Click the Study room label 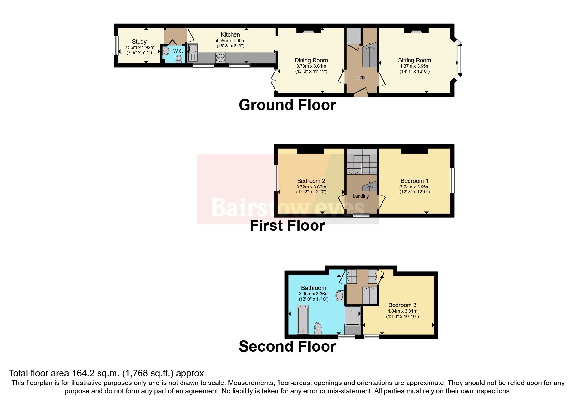pos(139,42)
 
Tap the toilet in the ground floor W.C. pos(179,58)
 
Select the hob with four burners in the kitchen pos(220,58)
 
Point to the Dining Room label pos(311,60)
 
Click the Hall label pos(361,77)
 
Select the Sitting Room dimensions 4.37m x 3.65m pos(414,66)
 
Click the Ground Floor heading pos(287,105)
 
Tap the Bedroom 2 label pos(311,181)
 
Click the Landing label pos(361,196)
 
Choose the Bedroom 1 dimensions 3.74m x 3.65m pos(414,187)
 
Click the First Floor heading pos(287,226)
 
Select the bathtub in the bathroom pos(303,319)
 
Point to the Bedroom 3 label pos(402,305)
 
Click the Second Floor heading pos(287,346)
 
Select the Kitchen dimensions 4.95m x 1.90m pos(230,41)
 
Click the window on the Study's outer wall pos(116,45)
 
